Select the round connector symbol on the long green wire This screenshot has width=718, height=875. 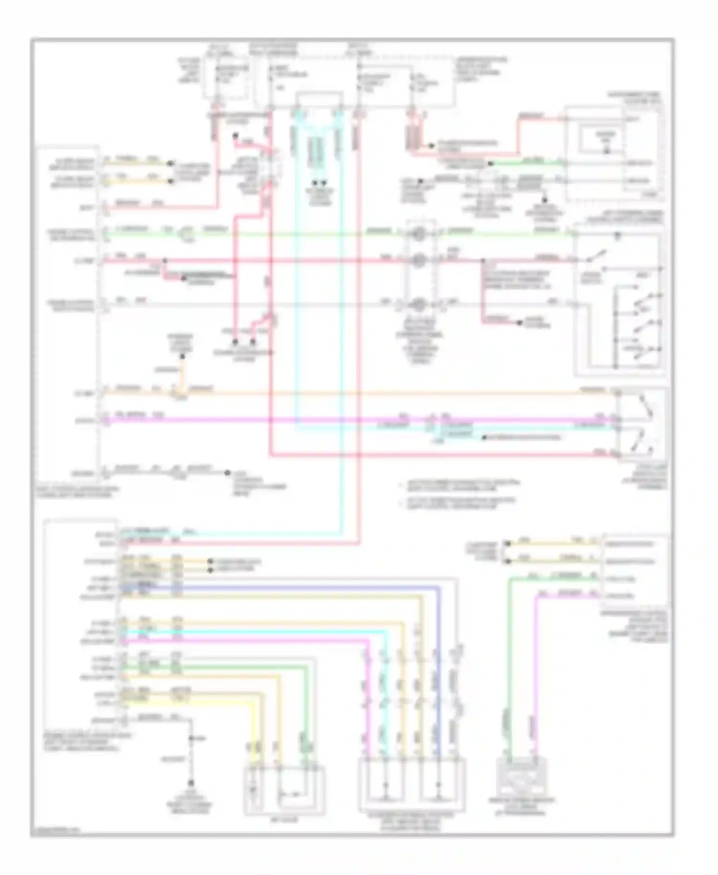[418, 234]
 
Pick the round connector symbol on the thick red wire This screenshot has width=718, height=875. [418, 260]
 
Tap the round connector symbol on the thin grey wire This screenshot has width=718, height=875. [418, 303]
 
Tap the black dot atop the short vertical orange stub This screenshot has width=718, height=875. [182, 356]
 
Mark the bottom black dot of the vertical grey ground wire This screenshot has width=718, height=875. [191, 784]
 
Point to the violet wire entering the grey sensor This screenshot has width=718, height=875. [535, 670]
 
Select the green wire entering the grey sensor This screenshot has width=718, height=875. [509, 670]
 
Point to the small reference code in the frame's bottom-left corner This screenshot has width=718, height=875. [54, 831]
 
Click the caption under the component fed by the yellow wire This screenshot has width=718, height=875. [284, 820]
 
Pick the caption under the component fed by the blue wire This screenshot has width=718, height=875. [412, 822]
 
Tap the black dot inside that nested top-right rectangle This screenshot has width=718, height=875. [607, 151]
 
